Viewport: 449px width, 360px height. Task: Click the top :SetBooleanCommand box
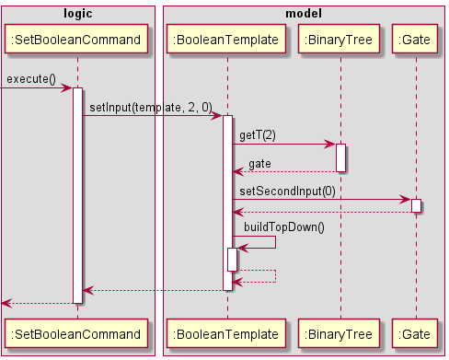coord(77,40)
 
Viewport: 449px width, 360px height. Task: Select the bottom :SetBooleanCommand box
coord(77,331)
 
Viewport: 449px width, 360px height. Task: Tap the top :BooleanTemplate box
coord(227,40)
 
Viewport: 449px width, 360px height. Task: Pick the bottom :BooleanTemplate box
coord(227,331)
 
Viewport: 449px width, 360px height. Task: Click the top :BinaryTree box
coord(340,40)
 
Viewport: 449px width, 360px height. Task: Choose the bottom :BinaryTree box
coord(340,331)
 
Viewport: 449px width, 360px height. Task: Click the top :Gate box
coord(416,40)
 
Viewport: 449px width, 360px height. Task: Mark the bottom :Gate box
coord(416,331)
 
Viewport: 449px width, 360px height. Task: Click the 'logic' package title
coord(77,11)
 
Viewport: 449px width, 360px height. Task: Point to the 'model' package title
coord(303,11)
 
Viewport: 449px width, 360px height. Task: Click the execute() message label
coord(31,80)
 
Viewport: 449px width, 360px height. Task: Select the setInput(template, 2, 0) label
coord(150,108)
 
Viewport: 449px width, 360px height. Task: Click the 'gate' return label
coord(259,163)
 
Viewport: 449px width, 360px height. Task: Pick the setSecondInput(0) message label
coord(287,191)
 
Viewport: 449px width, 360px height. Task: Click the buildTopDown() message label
coord(284,226)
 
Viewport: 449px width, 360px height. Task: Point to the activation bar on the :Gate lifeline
coord(416,205)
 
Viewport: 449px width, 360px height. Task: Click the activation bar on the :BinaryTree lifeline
coord(340,157)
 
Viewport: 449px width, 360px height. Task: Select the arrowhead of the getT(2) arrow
coord(329,145)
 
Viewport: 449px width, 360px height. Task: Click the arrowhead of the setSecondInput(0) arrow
coord(406,200)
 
